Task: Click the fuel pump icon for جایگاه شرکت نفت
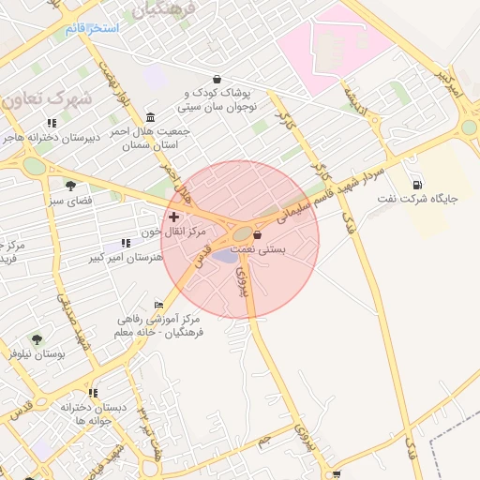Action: click(416, 184)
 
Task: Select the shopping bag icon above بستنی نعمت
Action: click(257, 235)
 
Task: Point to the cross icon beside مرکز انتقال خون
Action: click(173, 217)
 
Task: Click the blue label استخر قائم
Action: click(92, 28)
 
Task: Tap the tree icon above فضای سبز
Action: click(69, 185)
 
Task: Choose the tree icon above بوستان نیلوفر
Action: click(37, 339)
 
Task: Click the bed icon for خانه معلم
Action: click(159, 305)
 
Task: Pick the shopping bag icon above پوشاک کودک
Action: click(217, 79)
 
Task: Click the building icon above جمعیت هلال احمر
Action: click(151, 117)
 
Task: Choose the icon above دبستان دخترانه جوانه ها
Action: click(93, 393)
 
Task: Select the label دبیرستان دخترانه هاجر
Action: click(55, 138)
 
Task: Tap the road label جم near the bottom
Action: click(264, 437)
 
